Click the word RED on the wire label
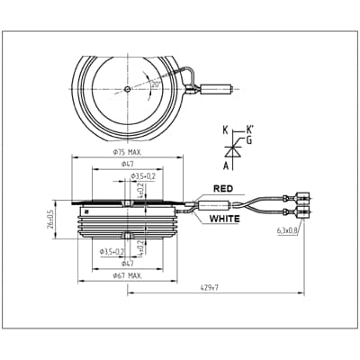tap(223, 189)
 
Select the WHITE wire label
tap(226, 219)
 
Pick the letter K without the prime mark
tap(225, 131)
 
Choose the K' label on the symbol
tap(249, 130)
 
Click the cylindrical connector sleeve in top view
tap(217, 89)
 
